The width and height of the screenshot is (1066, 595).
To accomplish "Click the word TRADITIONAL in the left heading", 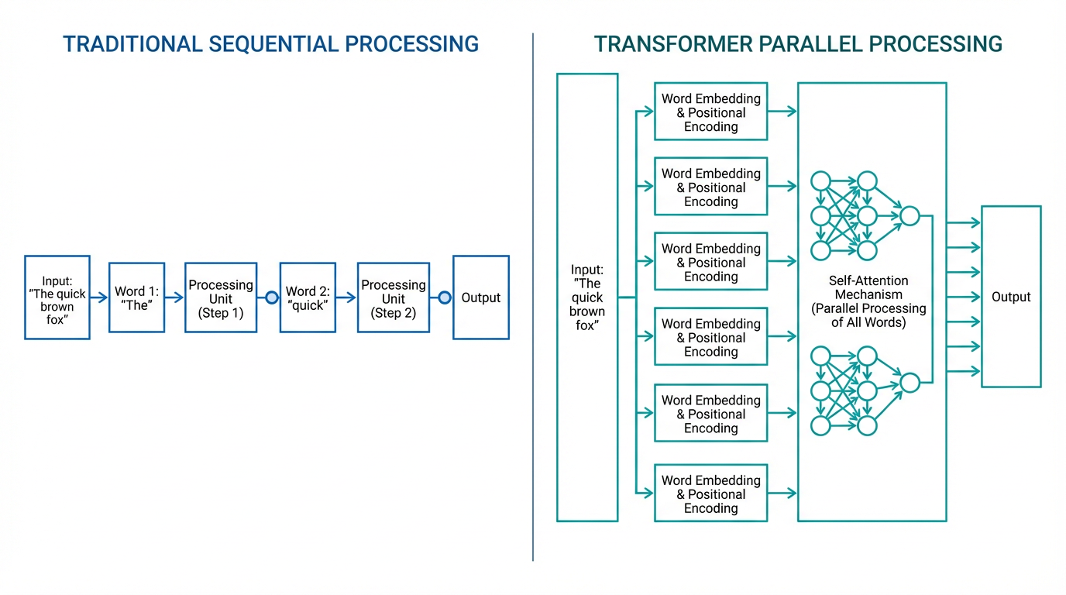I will click(132, 44).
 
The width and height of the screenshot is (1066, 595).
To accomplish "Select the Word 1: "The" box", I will click(136, 297).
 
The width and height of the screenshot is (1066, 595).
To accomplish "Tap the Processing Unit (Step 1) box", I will click(221, 297).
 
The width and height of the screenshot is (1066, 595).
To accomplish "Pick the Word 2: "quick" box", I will click(308, 297).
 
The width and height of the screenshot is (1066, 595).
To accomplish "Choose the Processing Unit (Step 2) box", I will click(394, 297).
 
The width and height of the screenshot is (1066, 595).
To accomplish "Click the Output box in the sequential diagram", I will click(481, 297).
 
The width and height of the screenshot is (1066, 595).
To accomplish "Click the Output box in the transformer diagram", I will click(1011, 297).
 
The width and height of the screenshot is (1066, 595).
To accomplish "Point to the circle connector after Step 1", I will click(271, 297).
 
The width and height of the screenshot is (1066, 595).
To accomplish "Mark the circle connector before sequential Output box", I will click(444, 297).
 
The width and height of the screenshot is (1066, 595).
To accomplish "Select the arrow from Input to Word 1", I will click(99, 297).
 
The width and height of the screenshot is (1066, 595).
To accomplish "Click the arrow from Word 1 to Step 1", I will click(174, 297).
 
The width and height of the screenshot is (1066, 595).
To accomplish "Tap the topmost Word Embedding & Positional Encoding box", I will click(710, 112).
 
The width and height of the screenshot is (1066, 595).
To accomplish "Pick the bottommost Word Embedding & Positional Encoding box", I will click(710, 493).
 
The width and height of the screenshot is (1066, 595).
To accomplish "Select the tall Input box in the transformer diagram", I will click(587, 297).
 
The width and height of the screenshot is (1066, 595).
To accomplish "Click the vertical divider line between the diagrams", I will click(533, 297).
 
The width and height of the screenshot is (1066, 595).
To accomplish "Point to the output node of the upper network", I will click(910, 216).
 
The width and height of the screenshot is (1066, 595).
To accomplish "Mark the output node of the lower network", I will click(910, 383).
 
